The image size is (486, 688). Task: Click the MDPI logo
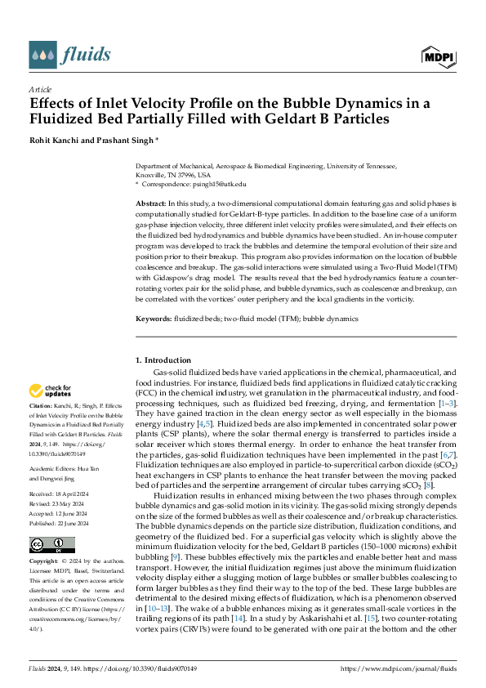(439, 56)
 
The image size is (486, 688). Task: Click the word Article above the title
(40, 89)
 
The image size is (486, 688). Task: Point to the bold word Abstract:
(151, 202)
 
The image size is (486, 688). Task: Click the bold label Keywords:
(154, 317)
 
